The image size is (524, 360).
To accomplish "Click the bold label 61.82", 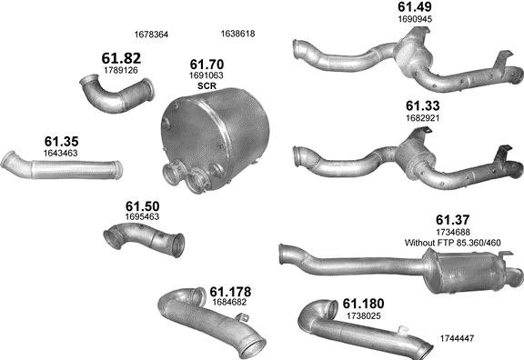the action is (x=121, y=58).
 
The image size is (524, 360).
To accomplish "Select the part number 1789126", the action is (x=121, y=71).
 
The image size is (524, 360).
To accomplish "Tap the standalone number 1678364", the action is (x=151, y=35).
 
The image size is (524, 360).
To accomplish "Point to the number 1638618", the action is (x=238, y=34).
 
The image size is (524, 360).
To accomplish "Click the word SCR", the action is (x=207, y=85).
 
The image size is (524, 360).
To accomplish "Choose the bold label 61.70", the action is (x=207, y=65).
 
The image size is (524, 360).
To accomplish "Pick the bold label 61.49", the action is (x=415, y=6).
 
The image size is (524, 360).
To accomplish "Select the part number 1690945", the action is (x=415, y=19).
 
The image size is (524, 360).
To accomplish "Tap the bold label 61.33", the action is (x=423, y=105).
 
